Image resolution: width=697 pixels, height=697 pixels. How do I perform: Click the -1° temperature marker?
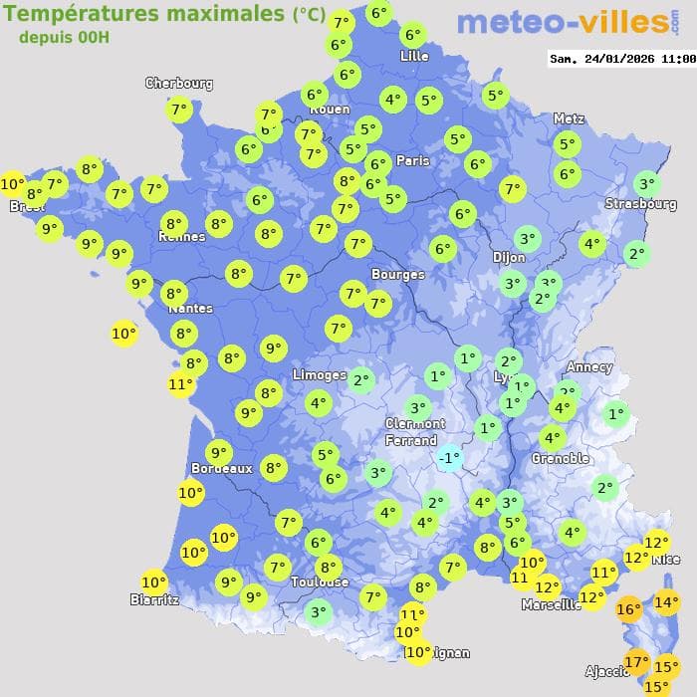click(449, 458)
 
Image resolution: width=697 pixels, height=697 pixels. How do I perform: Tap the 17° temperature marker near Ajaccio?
click(636, 661)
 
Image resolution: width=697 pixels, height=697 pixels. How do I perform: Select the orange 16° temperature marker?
click(628, 609)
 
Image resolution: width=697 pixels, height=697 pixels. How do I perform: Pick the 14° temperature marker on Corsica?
click(666, 601)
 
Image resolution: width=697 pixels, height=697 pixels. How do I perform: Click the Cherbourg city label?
click(179, 84)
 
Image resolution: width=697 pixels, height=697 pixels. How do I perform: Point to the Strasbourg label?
click(640, 204)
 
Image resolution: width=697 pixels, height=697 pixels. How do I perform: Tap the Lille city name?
click(413, 56)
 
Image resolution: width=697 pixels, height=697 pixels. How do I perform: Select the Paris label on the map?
click(413, 160)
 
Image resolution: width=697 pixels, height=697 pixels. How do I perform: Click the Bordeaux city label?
click(221, 468)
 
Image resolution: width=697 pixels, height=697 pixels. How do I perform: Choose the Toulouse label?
click(320, 581)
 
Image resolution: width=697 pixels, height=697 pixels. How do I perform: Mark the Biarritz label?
click(154, 599)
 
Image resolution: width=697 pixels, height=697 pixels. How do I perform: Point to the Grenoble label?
click(560, 459)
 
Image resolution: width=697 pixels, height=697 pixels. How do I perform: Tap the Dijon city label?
click(508, 256)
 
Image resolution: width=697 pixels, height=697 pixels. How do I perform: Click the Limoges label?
click(320, 375)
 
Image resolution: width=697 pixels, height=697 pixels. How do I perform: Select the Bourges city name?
click(397, 274)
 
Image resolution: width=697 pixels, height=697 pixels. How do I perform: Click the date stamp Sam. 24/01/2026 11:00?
click(622, 59)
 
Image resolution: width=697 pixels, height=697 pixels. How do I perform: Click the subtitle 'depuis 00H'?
click(64, 37)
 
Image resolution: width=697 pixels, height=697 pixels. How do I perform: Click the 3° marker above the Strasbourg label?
click(646, 183)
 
